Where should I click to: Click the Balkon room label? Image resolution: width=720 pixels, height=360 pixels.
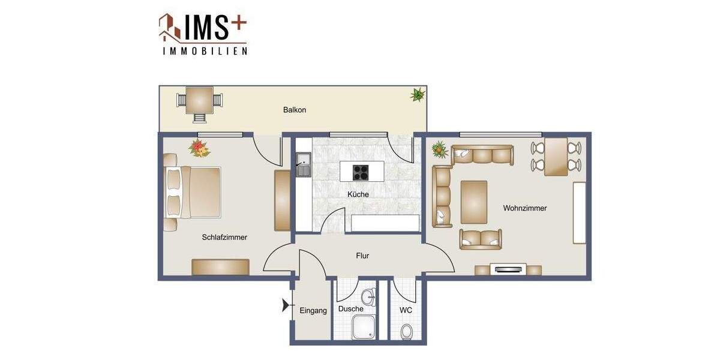[x=295, y=110]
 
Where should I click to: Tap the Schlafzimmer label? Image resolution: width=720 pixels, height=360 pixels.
[x=224, y=237]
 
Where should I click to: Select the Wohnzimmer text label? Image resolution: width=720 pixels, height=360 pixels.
[x=524, y=208]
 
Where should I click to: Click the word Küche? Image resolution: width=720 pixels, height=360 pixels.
[x=358, y=194]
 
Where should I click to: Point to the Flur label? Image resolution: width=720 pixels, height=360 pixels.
[x=362, y=256]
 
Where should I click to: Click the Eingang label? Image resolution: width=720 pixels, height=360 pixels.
[x=313, y=310]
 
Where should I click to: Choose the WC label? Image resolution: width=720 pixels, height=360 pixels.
[x=406, y=310]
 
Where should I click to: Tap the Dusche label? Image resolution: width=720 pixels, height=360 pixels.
[x=350, y=309]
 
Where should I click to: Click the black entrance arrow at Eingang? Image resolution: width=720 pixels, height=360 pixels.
[x=285, y=307]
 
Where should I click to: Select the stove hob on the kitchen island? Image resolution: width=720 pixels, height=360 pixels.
[x=360, y=172]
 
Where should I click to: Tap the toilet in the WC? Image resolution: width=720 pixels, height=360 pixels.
[x=407, y=331]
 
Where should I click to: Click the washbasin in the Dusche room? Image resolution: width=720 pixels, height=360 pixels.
[x=368, y=295]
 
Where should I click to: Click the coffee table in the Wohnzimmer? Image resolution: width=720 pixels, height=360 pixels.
[x=474, y=202]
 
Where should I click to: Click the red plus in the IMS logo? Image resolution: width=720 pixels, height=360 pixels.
[x=238, y=22]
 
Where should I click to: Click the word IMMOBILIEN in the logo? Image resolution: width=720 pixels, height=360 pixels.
[x=205, y=52]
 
